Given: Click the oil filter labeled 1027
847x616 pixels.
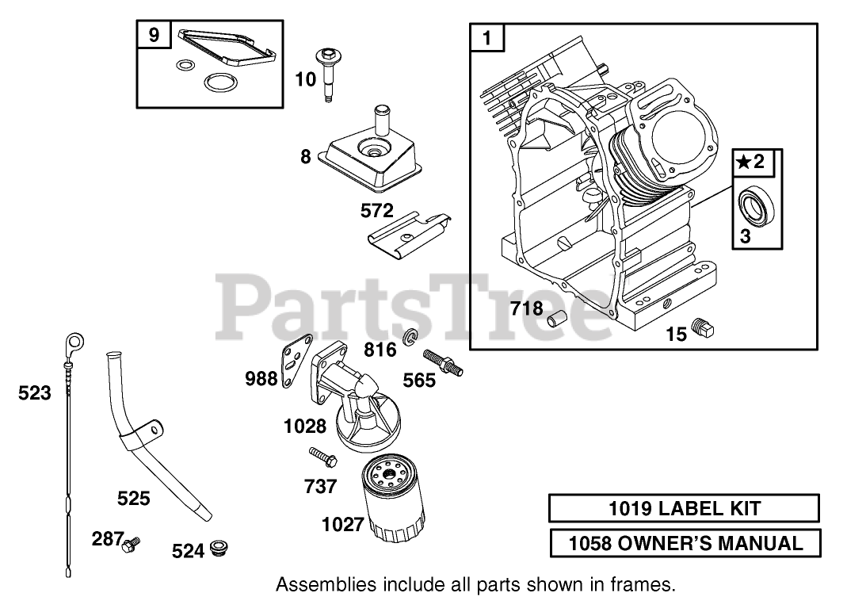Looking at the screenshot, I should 395,499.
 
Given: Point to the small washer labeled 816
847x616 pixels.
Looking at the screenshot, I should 409,339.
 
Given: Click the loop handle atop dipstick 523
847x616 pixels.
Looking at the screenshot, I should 73,342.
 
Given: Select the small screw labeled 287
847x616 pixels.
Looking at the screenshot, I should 131,543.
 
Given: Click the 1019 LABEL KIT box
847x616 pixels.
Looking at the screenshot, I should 684,508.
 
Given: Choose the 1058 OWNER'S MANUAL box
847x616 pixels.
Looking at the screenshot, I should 684,543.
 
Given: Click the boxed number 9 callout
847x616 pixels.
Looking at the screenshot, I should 153,35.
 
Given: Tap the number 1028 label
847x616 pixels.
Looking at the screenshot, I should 304,426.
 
